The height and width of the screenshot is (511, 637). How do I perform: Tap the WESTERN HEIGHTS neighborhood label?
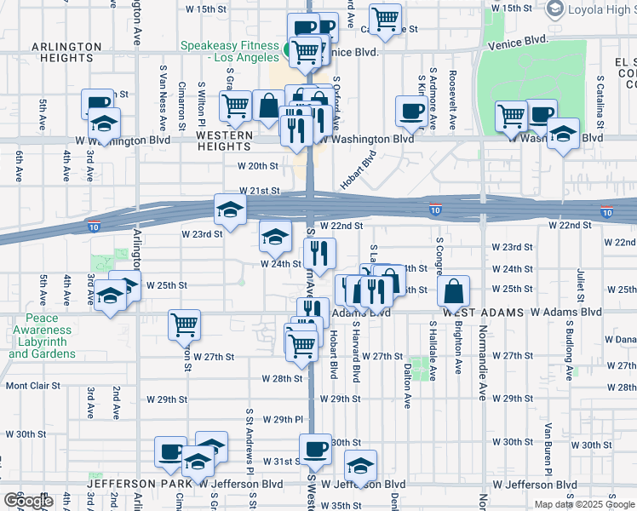point(224,141)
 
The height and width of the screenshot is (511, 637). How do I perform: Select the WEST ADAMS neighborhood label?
point(481,313)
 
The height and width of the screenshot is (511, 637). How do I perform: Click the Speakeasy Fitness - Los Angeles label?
point(229,51)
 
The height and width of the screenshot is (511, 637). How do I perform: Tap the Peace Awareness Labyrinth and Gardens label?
point(43,336)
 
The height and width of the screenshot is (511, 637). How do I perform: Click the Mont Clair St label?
point(33,386)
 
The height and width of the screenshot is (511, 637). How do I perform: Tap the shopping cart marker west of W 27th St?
point(185,324)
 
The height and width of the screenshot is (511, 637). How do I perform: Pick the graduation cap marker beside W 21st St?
point(229,208)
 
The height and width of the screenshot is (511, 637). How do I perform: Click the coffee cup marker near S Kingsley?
point(412,110)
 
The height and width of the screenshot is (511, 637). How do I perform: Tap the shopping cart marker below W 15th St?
point(385,18)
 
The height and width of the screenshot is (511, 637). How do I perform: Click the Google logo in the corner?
point(28,502)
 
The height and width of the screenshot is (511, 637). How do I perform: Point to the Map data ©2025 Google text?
point(583,504)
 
